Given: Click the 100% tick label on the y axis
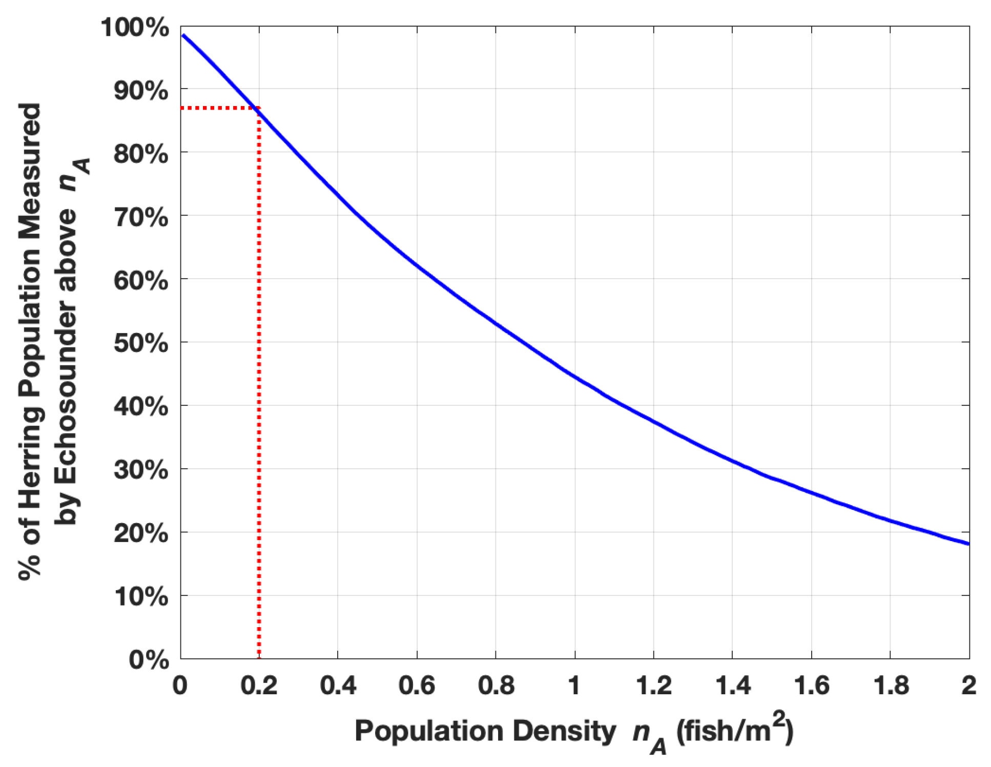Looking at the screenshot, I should click(134, 28).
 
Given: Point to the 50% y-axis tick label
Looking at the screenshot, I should click(141, 343).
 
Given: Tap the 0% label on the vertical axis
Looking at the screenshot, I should click(149, 659).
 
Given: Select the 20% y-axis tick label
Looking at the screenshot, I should click(141, 533).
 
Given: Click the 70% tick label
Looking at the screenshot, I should click(141, 217).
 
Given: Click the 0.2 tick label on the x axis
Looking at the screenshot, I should click(259, 686).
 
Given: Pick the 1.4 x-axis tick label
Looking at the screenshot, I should click(732, 686).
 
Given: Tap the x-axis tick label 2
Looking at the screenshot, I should click(968, 686).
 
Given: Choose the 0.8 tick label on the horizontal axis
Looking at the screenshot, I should click(495, 686).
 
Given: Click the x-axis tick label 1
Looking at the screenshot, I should click(574, 686).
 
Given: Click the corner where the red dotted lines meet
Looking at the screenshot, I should click(259, 108).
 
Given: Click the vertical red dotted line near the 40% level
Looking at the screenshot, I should click(259, 406).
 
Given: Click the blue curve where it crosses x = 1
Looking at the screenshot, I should click(575, 378).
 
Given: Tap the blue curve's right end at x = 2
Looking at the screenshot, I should click(968, 544).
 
